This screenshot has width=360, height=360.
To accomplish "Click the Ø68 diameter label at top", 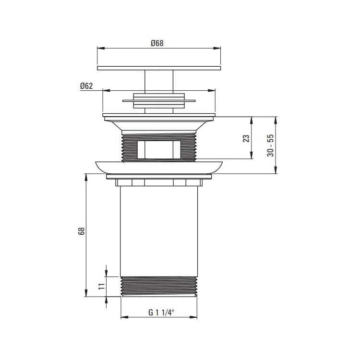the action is (157, 43).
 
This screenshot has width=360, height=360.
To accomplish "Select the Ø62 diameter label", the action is (86, 86).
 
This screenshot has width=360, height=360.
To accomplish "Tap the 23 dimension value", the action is (246, 138).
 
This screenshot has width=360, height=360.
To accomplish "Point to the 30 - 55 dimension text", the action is (270, 145).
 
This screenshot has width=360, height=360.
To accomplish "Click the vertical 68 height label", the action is (82, 231).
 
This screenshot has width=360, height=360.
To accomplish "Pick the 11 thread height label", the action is (101, 286).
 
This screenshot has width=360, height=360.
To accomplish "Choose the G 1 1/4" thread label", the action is (161, 312).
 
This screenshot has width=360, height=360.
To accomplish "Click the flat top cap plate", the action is (159, 68).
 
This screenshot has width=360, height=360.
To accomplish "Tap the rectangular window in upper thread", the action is (159, 150).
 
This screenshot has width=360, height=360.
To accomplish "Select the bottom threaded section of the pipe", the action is (159, 287).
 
